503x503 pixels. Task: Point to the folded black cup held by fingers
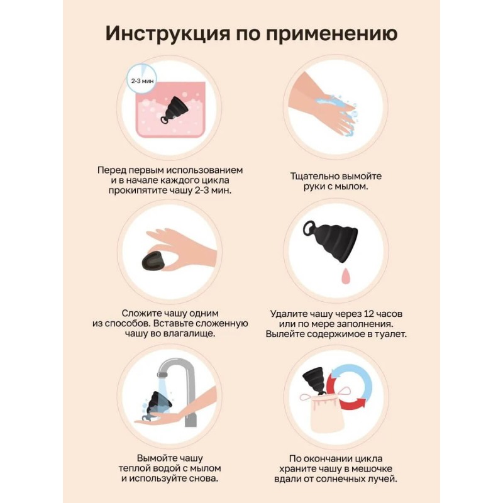(153, 260)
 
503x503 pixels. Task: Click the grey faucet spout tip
(162, 374)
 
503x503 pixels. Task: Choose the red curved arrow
(347, 397)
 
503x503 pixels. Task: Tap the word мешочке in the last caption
(372, 468)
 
